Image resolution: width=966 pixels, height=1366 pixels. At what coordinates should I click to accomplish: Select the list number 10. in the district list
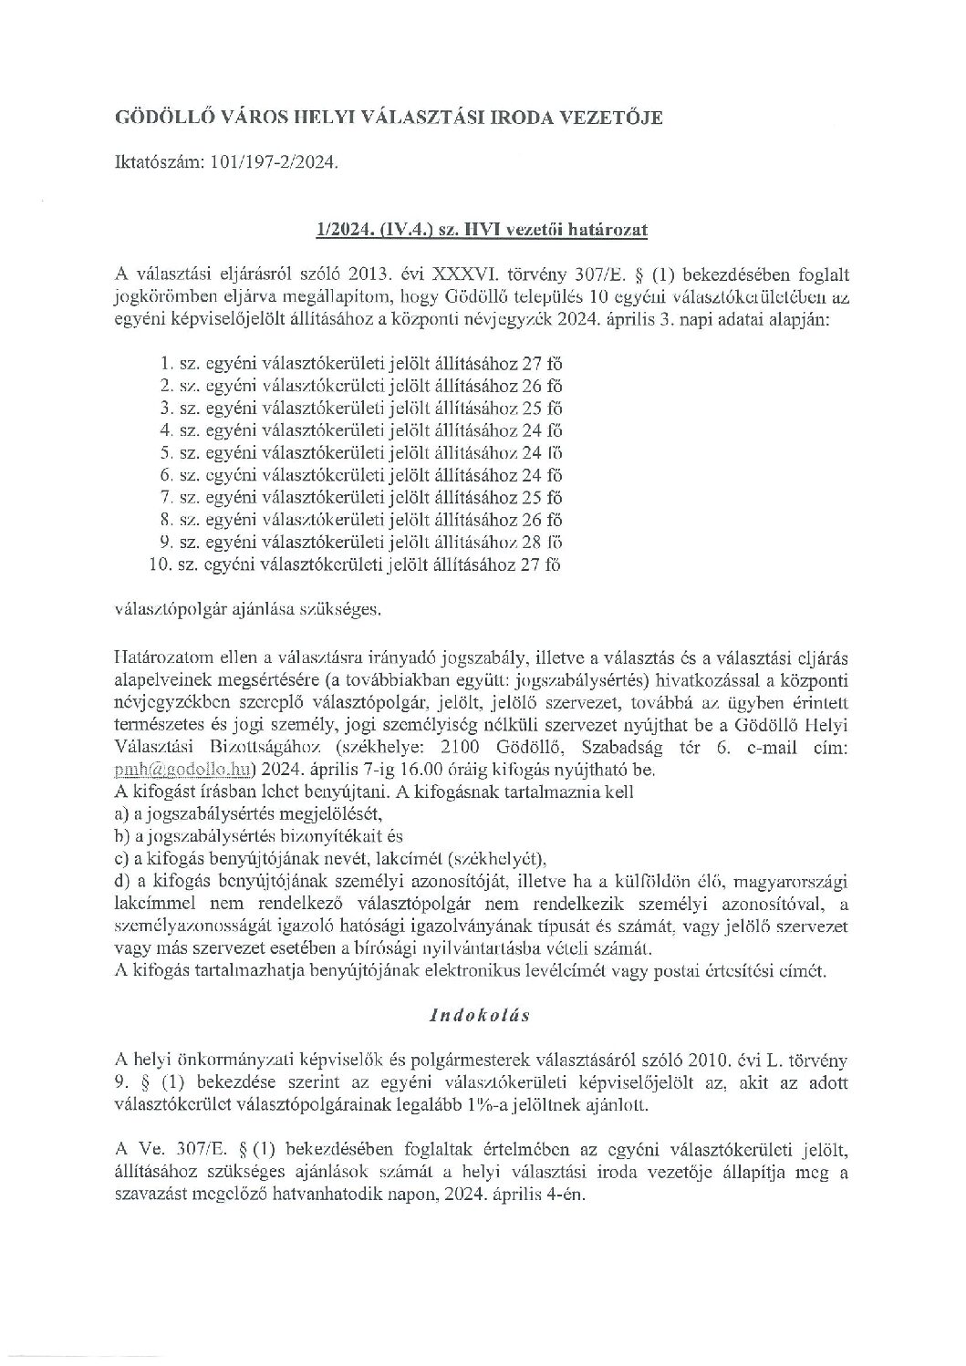click(161, 564)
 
